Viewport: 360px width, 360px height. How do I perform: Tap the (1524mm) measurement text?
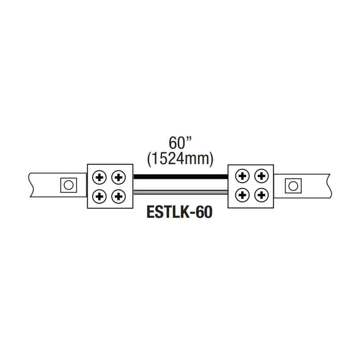coord(180,159)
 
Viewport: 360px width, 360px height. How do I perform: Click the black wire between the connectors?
coord(181,176)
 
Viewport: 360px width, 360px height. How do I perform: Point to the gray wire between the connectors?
coord(181,192)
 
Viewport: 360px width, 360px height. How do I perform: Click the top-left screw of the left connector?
coord(100,177)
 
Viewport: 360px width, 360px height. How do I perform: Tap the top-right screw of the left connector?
coord(118,177)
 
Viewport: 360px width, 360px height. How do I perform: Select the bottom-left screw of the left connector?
coord(100,196)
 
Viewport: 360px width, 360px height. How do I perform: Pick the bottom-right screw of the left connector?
coord(118,196)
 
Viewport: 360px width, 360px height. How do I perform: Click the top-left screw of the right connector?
coord(242,176)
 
